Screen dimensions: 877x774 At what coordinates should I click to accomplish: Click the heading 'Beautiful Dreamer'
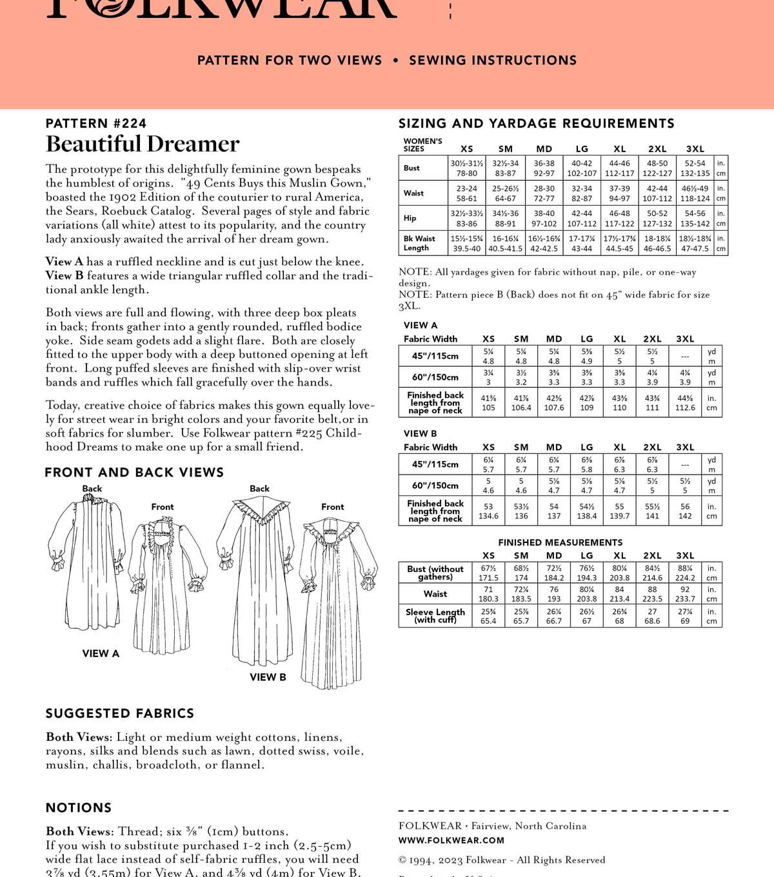click(143, 144)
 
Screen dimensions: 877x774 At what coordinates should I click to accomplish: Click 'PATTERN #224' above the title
click(96, 123)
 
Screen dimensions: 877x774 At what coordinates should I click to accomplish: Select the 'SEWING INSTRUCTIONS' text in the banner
click(493, 61)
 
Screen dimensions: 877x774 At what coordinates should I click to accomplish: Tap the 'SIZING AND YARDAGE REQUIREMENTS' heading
click(537, 123)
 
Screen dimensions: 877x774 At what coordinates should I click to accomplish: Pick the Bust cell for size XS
click(466, 168)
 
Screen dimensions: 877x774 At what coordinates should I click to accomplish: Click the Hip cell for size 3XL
click(695, 218)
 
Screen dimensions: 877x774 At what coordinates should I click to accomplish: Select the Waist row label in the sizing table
click(413, 193)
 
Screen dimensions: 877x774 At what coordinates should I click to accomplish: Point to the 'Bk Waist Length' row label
click(419, 243)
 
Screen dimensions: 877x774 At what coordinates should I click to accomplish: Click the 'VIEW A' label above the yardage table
click(421, 325)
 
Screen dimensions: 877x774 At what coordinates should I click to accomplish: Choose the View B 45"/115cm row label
click(435, 464)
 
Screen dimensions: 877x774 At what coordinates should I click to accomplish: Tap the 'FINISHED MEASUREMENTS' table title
click(560, 542)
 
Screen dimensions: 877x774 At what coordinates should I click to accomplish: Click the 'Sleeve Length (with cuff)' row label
click(435, 616)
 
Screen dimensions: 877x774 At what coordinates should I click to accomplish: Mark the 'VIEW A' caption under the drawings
click(101, 653)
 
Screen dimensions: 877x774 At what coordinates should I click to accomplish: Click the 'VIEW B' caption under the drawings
click(268, 677)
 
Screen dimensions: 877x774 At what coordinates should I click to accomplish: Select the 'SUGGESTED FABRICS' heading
click(120, 713)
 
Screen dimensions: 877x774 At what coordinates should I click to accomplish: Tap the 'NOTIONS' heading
click(79, 807)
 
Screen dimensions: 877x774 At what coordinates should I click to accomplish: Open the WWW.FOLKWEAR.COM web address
click(451, 840)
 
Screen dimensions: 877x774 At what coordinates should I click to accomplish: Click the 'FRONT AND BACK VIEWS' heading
click(134, 473)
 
